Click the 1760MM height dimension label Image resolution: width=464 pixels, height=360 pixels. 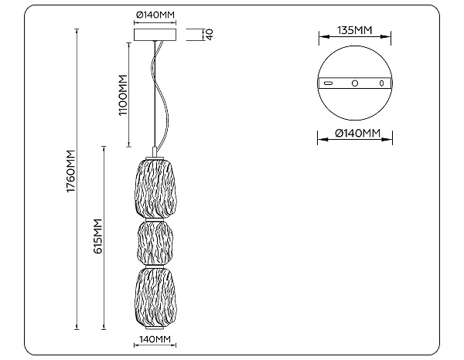tap(71, 172)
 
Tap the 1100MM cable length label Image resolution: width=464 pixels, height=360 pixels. tap(122, 95)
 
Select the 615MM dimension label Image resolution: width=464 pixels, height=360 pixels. tap(97, 236)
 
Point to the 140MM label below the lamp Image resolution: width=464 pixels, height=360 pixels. tap(155, 339)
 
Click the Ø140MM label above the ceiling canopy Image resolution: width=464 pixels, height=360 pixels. tap(155, 15)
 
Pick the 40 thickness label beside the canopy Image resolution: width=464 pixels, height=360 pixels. tap(210, 34)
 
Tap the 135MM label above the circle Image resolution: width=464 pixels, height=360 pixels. tap(355, 30)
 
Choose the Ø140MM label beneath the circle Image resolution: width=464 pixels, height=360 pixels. tap(357, 134)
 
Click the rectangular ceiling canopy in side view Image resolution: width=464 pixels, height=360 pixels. tap(155, 35)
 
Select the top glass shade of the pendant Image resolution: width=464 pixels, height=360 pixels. tap(154, 189)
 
